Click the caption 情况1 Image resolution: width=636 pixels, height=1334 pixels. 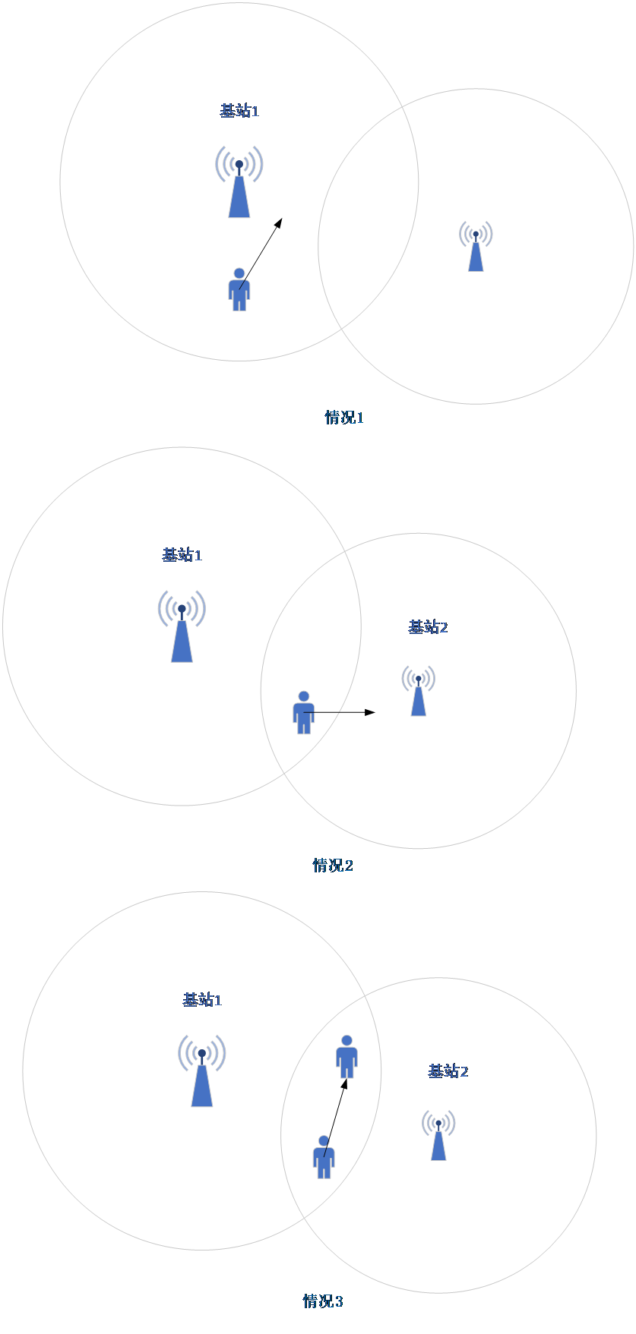click(344, 418)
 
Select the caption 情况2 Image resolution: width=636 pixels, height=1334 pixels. click(333, 866)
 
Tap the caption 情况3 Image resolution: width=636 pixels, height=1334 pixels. click(323, 1301)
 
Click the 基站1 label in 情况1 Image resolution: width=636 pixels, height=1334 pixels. click(239, 111)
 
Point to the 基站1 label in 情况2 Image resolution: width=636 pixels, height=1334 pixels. click(182, 555)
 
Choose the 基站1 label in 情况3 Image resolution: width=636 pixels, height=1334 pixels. click(202, 1000)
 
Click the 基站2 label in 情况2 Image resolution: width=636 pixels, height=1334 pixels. click(428, 627)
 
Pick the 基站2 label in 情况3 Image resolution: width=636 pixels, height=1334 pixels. click(448, 1071)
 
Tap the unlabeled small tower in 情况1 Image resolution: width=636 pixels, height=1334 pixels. click(476, 246)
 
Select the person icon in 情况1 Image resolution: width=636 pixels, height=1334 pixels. click(239, 290)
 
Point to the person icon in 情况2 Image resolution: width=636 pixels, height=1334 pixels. click(304, 713)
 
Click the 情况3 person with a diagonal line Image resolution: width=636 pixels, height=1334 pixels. click(324, 1157)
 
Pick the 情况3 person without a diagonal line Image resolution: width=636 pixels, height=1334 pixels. click(347, 1057)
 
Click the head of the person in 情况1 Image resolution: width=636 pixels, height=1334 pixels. click(239, 273)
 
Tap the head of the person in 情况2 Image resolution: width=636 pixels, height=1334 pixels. click(304, 696)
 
